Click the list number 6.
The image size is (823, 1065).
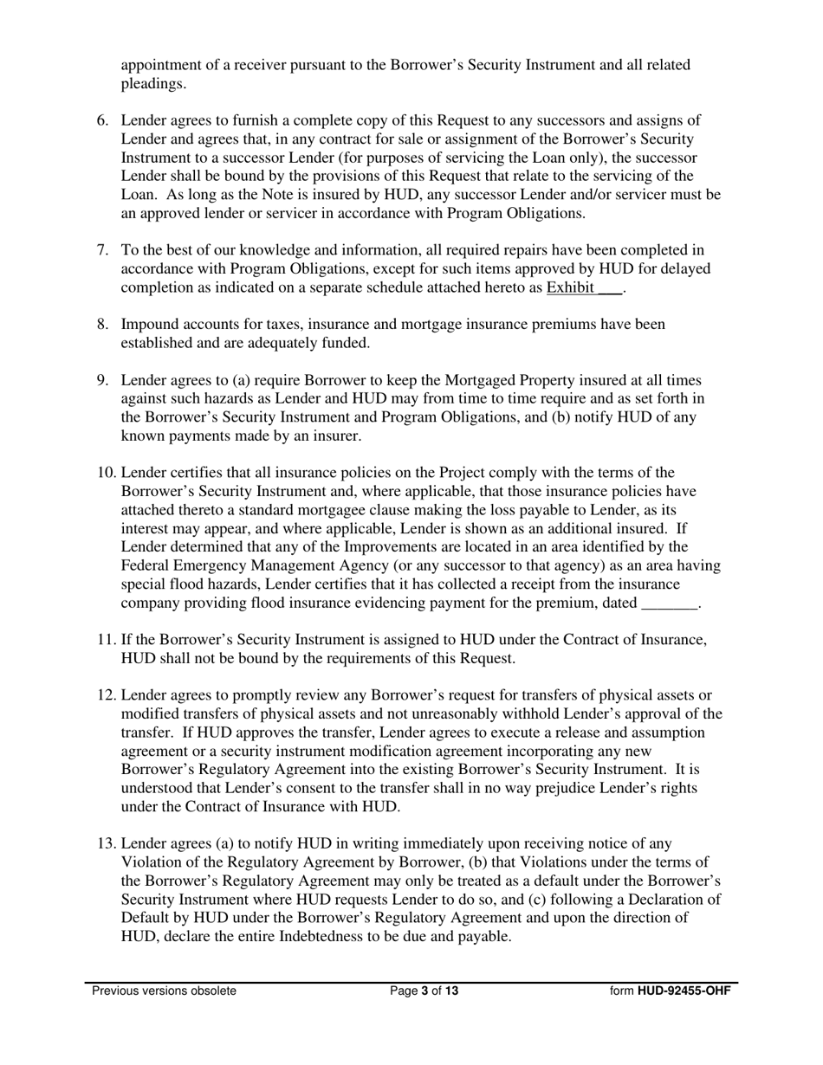(101, 120)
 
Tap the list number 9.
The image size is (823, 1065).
(101, 380)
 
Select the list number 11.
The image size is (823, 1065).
(105, 640)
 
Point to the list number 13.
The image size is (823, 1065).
(105, 843)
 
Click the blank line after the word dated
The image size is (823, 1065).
(669, 603)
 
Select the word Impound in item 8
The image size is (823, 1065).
(151, 325)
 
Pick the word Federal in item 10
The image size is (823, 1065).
(146, 566)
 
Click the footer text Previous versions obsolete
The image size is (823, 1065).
(164, 991)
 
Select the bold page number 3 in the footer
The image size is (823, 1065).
(425, 991)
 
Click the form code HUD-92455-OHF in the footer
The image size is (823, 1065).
(684, 991)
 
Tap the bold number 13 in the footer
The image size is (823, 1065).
(451, 991)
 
